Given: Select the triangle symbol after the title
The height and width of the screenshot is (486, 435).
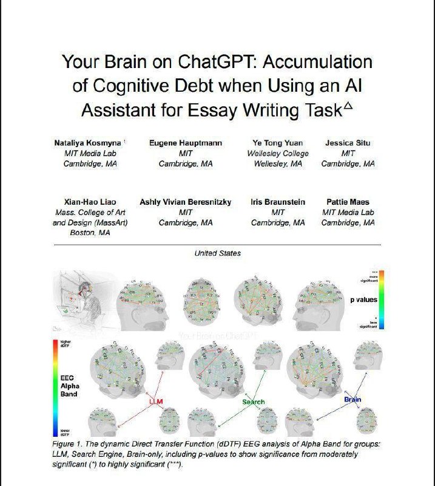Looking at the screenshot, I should click(x=348, y=107).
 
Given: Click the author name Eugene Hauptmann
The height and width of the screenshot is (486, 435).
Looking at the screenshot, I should click(x=186, y=143).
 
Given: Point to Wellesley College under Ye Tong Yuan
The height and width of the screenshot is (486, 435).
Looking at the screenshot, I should click(x=278, y=154).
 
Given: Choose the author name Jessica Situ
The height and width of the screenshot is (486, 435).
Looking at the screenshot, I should click(x=348, y=143).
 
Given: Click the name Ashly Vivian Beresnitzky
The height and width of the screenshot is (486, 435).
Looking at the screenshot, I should click(x=186, y=202).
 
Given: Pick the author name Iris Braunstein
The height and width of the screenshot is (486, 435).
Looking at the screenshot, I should click(x=278, y=202).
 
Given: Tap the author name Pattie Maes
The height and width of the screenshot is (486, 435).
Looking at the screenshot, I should click(x=348, y=202).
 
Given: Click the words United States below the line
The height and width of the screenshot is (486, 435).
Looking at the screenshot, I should click(x=217, y=253).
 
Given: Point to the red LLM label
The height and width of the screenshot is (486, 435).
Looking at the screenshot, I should click(x=156, y=402).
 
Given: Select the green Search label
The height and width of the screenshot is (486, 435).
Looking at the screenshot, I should click(x=254, y=402).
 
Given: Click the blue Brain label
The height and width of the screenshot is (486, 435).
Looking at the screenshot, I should click(x=352, y=400).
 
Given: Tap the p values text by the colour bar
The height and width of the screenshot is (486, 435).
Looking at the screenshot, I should click(x=364, y=299).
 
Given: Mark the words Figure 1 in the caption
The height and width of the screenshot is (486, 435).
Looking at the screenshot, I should click(x=67, y=445).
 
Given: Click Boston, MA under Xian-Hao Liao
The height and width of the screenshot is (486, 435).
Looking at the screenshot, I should click(x=90, y=233).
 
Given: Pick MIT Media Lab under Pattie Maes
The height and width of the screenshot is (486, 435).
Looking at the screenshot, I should click(x=348, y=212).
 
